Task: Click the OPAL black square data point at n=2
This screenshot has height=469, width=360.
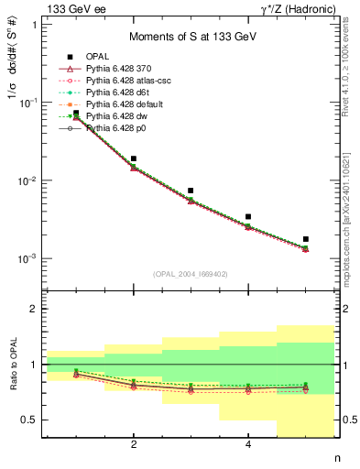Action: (134, 158)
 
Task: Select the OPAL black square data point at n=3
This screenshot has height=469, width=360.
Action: (191, 191)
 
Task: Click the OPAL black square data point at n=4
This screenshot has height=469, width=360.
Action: (248, 217)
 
